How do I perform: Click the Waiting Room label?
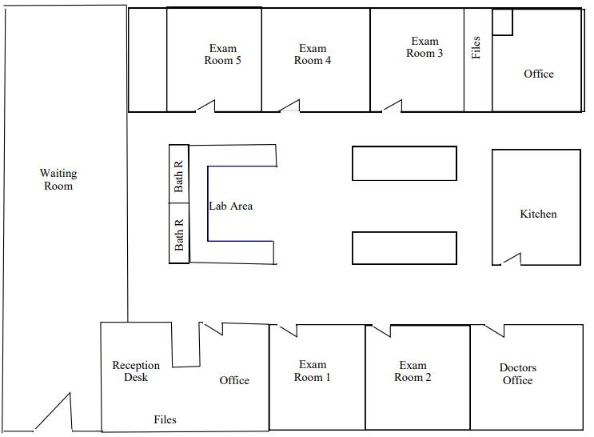58,179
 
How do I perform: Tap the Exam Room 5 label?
223,54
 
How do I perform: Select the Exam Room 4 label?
313,54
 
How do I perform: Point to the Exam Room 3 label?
425,47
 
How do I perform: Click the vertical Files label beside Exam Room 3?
476,47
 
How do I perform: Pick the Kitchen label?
538,214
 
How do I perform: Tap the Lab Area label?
231,206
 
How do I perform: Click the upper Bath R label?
178,176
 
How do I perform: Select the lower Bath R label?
179,235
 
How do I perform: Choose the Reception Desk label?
136,371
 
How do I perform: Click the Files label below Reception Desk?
165,419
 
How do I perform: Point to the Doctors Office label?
518,374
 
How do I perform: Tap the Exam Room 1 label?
313,371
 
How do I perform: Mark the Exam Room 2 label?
413,371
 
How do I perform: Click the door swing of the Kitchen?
512,259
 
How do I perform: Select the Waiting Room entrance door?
54,412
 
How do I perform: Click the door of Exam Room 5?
205,106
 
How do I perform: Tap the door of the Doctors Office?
494,331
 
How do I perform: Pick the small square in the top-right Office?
503,22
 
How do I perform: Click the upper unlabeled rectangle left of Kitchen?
405,163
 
